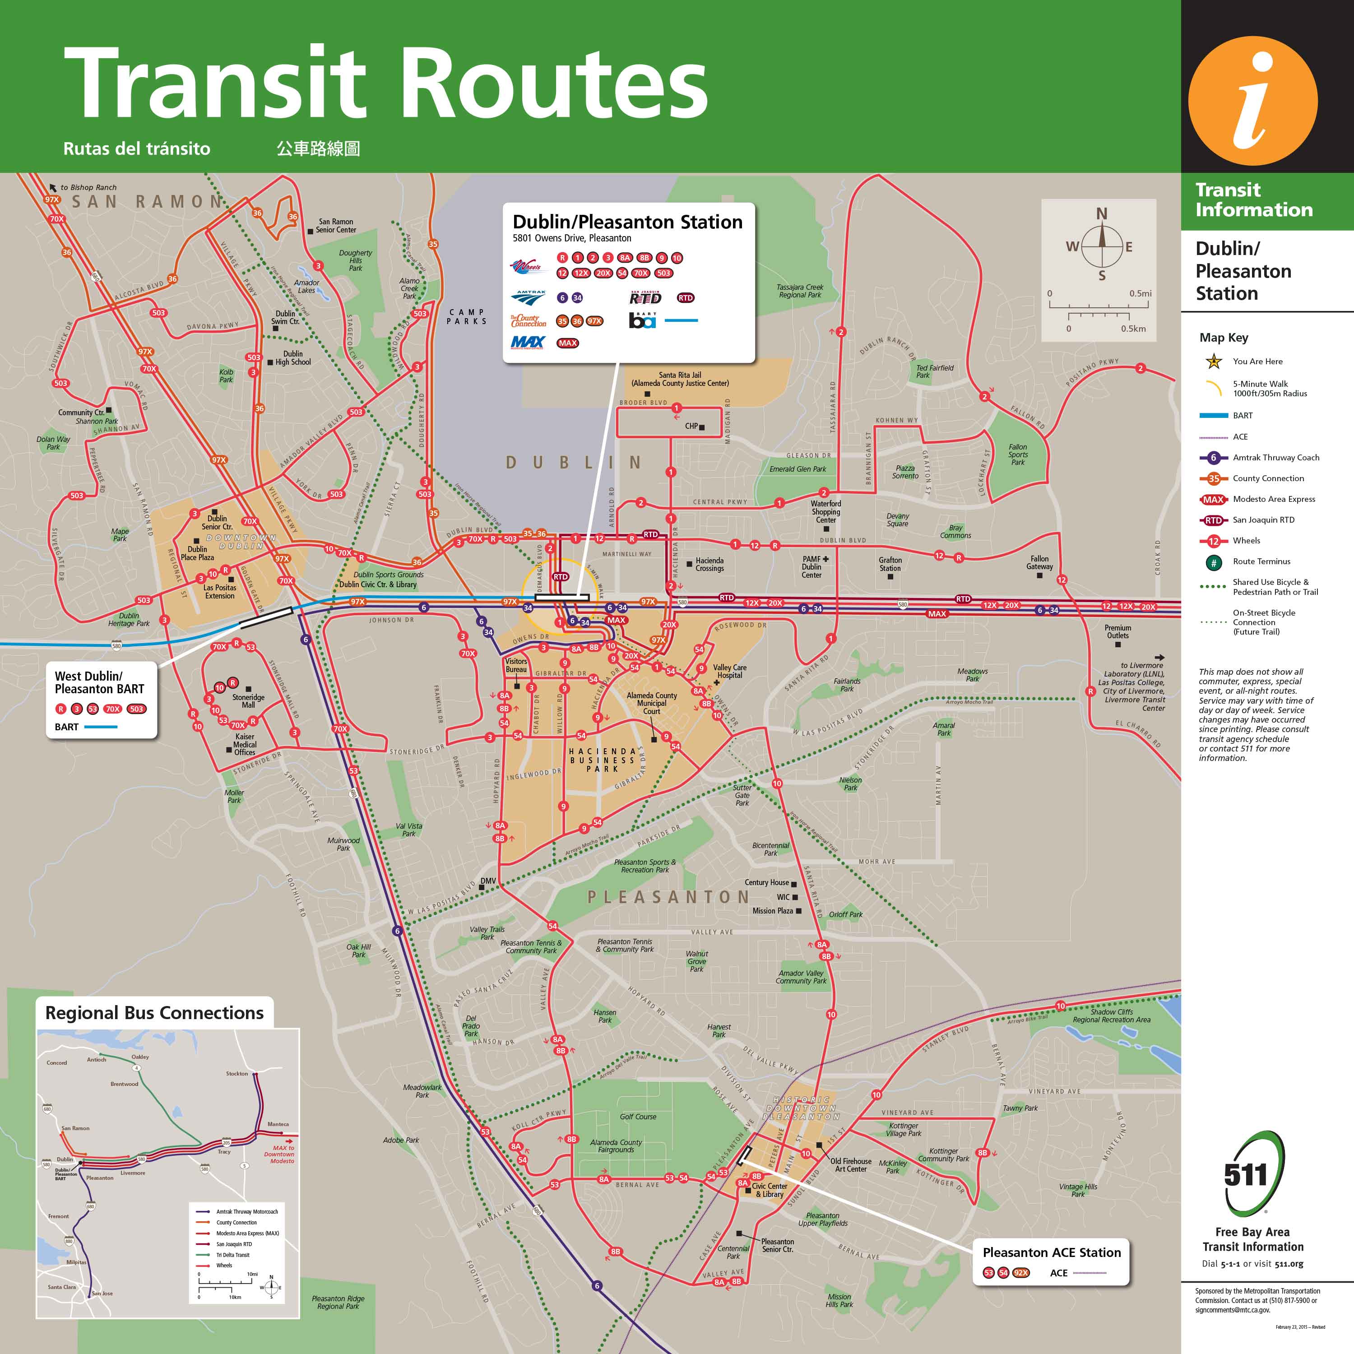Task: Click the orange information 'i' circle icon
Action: pos(1252,101)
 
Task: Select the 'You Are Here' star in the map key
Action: pos(1213,362)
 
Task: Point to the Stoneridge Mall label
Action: pos(248,701)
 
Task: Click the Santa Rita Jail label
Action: pos(679,379)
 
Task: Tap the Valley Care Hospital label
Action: pos(729,672)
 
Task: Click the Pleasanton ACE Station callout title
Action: pos(1051,1252)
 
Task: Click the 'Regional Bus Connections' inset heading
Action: pos(154,1013)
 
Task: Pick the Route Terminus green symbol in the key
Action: pos(1213,561)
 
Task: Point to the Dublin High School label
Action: pos(292,358)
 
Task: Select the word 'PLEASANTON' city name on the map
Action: pos(668,897)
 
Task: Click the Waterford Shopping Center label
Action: pos(825,512)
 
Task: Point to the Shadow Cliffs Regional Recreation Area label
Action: pos(1111,1015)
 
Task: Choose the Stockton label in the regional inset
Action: pos(237,1074)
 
